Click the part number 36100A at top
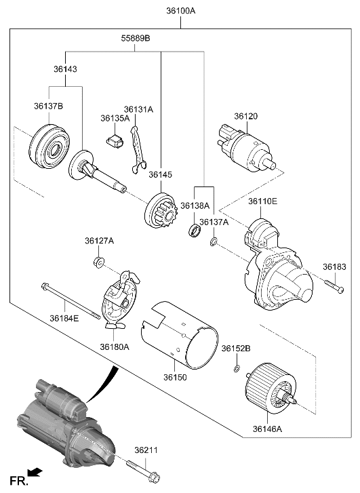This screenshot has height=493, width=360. (x=180, y=11)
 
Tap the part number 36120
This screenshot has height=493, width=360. (x=246, y=116)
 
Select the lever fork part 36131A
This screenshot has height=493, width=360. (x=138, y=146)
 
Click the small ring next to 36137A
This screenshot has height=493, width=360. (x=214, y=242)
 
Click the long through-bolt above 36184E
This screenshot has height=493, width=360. (x=71, y=299)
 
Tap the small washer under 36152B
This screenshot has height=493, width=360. (x=235, y=369)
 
